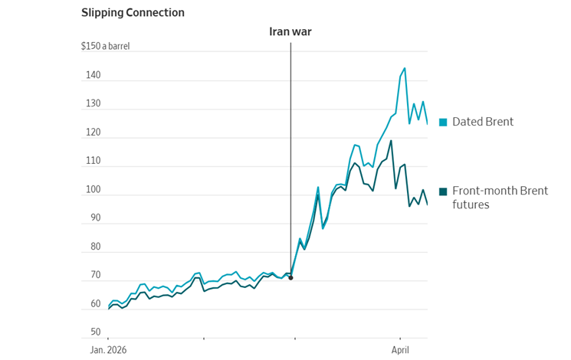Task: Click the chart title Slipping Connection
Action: tap(133, 13)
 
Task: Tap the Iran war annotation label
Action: tap(290, 31)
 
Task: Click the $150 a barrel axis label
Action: tap(106, 46)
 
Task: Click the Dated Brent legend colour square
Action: tap(443, 122)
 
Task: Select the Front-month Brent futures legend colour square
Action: tap(443, 191)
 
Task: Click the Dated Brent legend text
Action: tap(483, 122)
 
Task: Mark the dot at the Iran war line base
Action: tap(290, 277)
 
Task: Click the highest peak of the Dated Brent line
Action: tap(405, 68)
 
